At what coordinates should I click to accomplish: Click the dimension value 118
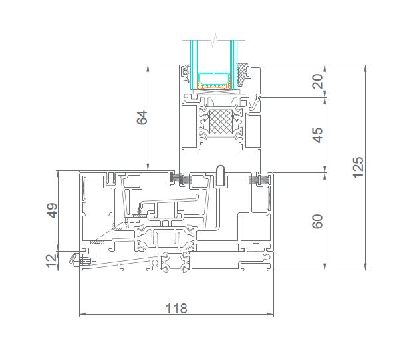(176, 308)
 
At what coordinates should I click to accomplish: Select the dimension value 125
(358, 168)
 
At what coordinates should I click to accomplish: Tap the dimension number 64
(142, 118)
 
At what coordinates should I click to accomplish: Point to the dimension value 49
(53, 210)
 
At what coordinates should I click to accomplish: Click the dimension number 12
(51, 261)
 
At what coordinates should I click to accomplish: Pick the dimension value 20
(317, 81)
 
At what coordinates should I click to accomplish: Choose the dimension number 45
(317, 135)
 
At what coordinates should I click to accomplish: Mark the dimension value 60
(317, 222)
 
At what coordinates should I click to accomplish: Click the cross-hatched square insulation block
(221, 122)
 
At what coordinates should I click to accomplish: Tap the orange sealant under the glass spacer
(214, 87)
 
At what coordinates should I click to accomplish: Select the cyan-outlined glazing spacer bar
(214, 79)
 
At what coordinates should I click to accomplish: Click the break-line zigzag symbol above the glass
(214, 41)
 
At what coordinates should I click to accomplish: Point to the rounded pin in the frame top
(221, 175)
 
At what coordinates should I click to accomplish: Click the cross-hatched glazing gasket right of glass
(243, 75)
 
